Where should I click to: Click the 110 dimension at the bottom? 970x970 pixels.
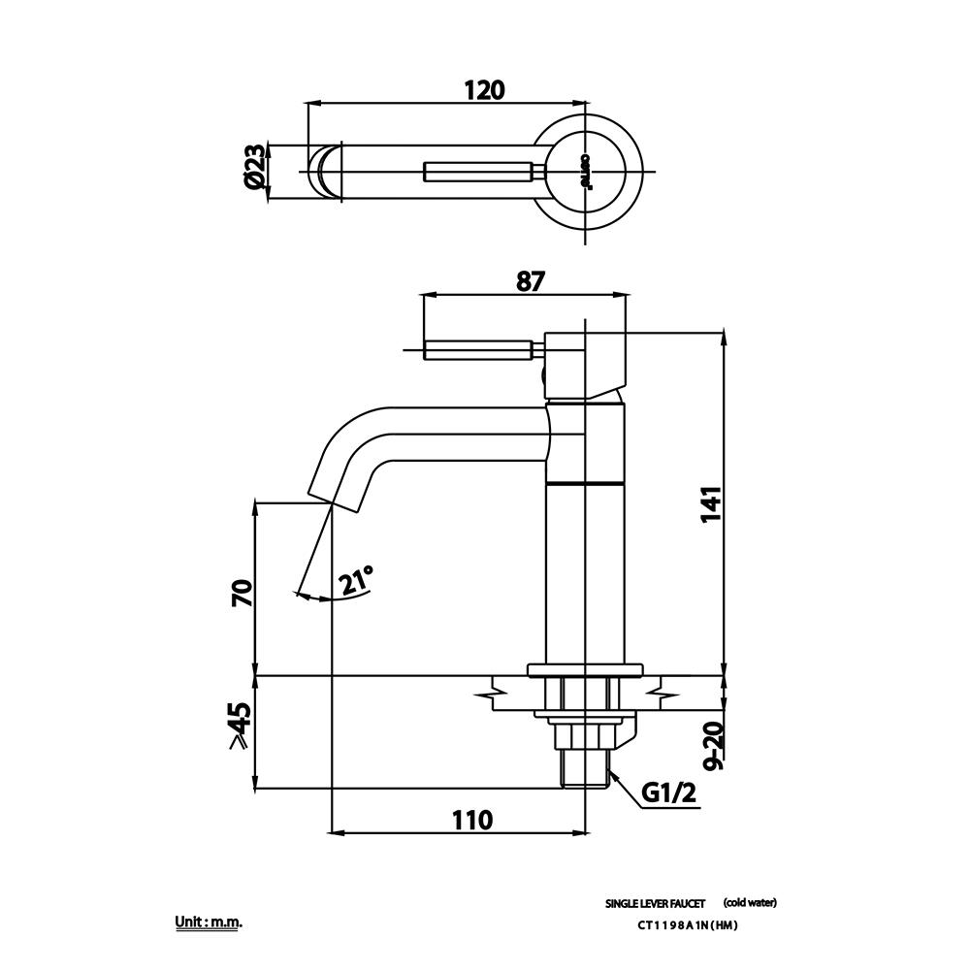(x=472, y=820)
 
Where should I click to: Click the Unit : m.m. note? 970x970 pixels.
(x=208, y=921)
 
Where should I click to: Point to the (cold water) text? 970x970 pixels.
(x=750, y=903)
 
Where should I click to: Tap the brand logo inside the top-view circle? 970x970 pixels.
(x=585, y=173)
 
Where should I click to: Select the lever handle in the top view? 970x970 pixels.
(x=480, y=173)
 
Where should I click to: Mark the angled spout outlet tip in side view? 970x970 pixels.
(x=332, y=493)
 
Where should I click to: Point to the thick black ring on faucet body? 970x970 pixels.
(x=585, y=482)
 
